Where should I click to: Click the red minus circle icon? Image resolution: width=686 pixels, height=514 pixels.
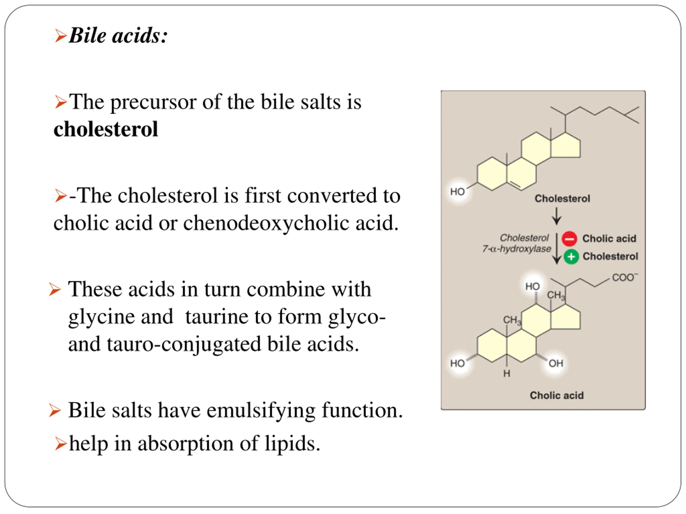pyautogui.click(x=569, y=239)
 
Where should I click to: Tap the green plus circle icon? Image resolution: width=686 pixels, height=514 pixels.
pyautogui.click(x=571, y=256)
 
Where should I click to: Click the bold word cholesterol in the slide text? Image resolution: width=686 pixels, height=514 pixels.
pyautogui.click(x=106, y=129)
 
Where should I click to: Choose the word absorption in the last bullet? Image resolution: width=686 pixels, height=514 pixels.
pyautogui.click(x=185, y=443)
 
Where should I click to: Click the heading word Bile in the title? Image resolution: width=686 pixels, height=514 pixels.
pyautogui.click(x=87, y=35)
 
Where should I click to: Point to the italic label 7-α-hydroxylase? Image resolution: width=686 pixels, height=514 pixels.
pyautogui.click(x=516, y=249)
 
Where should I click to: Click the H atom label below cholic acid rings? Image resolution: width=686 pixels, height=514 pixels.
pyautogui.click(x=506, y=373)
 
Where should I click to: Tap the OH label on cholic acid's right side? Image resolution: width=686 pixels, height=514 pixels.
pyautogui.click(x=556, y=363)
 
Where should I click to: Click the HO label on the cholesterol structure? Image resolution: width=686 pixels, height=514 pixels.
pyautogui.click(x=457, y=191)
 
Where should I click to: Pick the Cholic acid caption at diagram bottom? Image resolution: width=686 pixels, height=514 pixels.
pyautogui.click(x=556, y=395)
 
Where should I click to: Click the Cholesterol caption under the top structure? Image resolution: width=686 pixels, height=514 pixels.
pyautogui.click(x=562, y=199)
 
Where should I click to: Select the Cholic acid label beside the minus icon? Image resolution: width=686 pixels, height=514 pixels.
pyautogui.click(x=609, y=239)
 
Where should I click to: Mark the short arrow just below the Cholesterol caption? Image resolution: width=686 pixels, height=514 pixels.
pyautogui.click(x=556, y=216)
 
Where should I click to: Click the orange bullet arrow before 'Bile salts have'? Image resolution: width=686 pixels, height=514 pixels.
pyautogui.click(x=55, y=411)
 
